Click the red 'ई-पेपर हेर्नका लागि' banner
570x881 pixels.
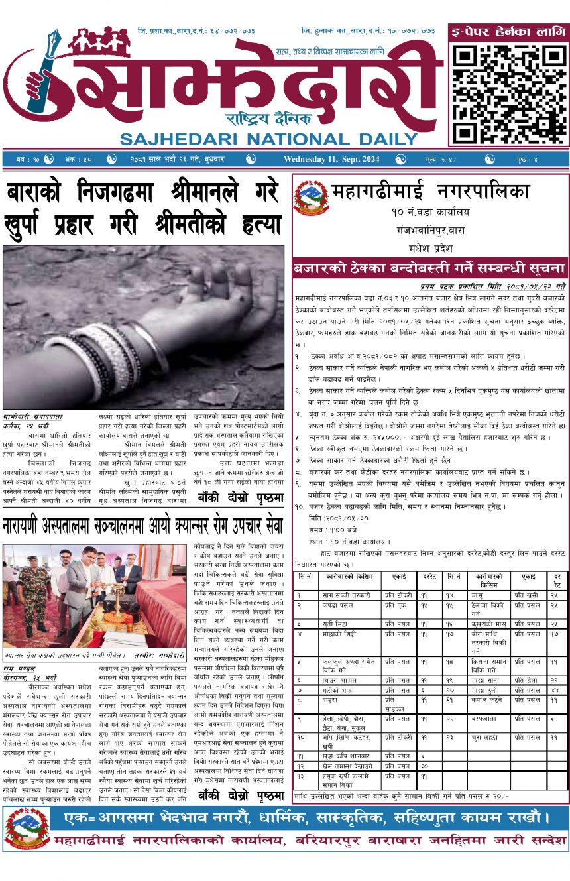pyautogui.click(x=508, y=30)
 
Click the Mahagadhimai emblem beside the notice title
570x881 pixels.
pyautogui.click(x=311, y=197)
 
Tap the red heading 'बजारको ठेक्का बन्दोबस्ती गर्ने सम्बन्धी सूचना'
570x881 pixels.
pyautogui.click(x=430, y=269)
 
